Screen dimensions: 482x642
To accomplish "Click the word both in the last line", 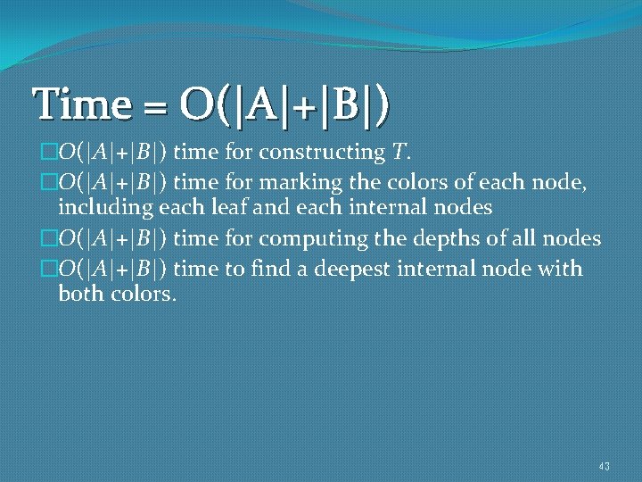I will [78, 294].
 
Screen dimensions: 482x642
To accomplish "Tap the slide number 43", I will [605, 466].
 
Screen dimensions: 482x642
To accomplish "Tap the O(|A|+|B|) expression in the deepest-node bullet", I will [113, 268].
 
